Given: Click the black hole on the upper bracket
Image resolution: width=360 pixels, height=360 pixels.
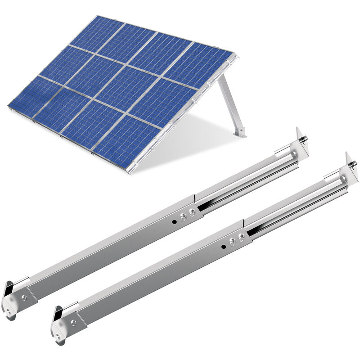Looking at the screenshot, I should click(174, 222).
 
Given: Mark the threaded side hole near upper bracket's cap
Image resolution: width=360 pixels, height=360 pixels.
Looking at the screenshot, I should click(24, 297).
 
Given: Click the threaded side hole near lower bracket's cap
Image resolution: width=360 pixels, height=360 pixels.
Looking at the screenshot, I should click(73, 323).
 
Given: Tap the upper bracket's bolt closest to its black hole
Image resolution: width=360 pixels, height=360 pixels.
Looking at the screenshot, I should click(184, 218).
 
